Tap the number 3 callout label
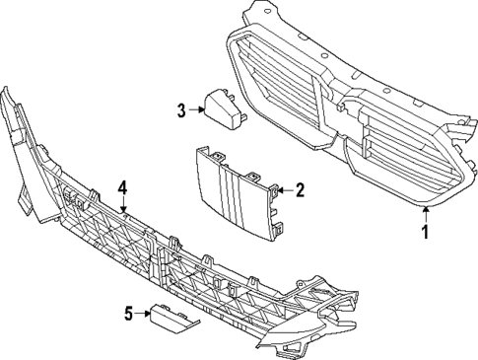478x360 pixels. (180, 109)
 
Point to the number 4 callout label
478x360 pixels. (123, 186)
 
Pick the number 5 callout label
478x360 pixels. (127, 316)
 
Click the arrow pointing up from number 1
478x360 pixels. (426, 215)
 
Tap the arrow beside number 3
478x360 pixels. (196, 109)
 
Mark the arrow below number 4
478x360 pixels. (123, 203)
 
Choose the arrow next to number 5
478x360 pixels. (143, 316)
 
